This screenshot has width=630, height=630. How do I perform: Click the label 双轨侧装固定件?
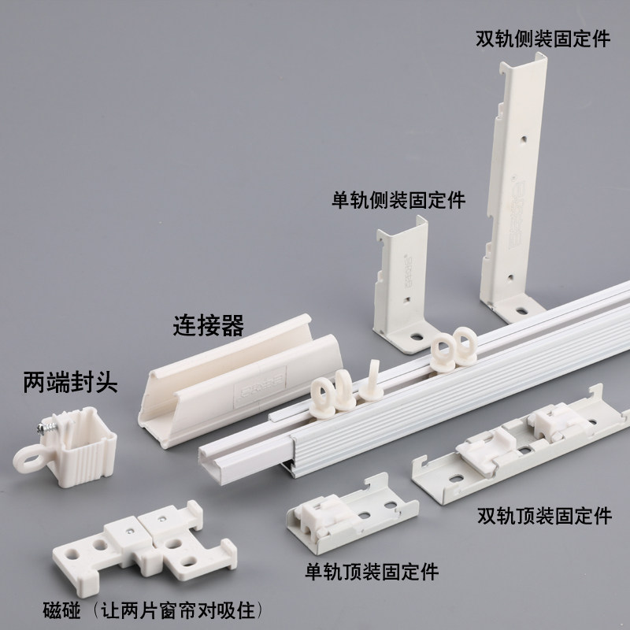543,39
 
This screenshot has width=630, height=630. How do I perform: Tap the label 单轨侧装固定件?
398,199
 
